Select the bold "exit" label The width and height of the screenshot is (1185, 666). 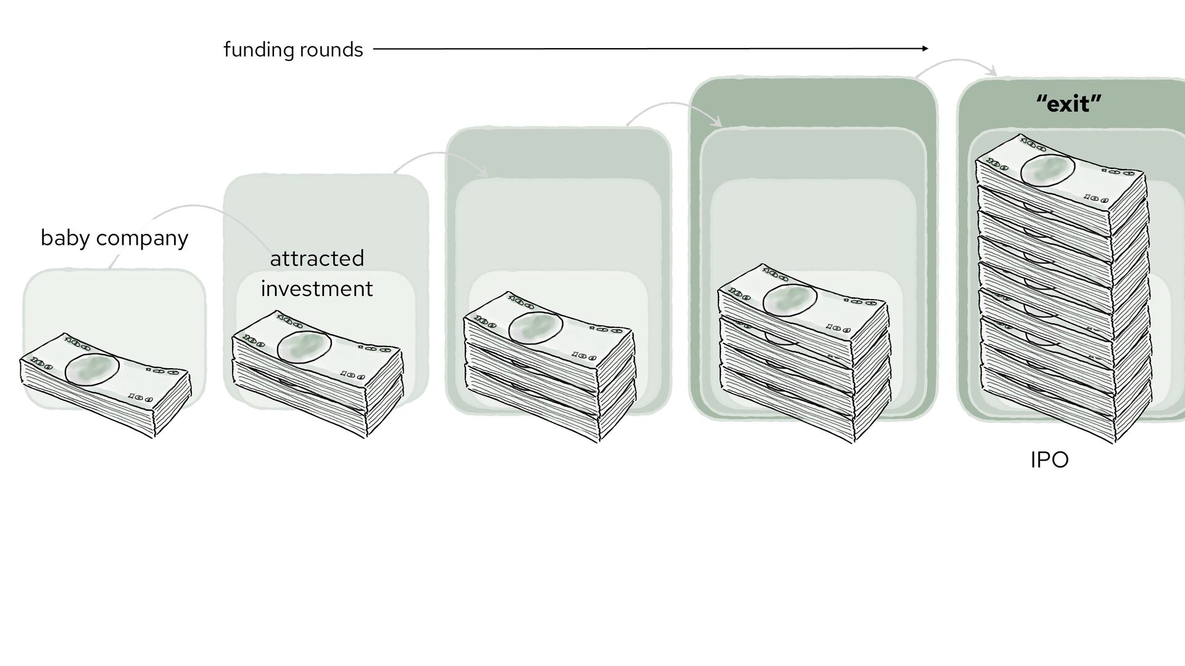[1069, 104]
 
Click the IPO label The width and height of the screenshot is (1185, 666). [1049, 460]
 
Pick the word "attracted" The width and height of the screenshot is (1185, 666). [317, 258]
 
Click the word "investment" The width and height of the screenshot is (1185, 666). [317, 289]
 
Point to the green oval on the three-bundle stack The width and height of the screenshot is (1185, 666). [535, 327]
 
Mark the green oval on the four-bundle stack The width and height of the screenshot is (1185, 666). [789, 300]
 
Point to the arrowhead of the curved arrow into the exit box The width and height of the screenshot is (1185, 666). [993, 73]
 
